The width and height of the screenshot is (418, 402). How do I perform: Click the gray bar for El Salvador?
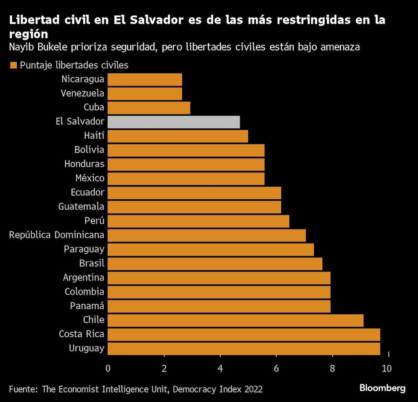(173, 122)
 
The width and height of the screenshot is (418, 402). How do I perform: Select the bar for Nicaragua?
(145, 79)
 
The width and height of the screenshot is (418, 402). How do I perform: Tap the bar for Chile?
(235, 320)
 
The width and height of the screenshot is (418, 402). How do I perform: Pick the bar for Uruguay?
(244, 349)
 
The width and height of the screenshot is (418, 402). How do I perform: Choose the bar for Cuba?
(149, 107)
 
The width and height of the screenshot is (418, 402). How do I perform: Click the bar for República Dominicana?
(206, 235)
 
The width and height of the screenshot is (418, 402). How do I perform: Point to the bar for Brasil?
(215, 264)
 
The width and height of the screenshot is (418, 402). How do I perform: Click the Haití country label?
(94, 136)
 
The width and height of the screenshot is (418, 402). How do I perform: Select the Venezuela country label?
(82, 93)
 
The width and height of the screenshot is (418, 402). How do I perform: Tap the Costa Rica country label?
(82, 334)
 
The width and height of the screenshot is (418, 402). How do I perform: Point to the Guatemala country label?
(82, 206)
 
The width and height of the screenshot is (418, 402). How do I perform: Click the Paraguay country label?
(84, 249)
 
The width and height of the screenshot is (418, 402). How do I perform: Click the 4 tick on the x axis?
(220, 368)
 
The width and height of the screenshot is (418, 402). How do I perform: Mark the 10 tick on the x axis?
(387, 368)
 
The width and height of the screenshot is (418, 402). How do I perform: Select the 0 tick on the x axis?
(108, 368)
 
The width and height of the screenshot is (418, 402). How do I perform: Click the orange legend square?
(13, 65)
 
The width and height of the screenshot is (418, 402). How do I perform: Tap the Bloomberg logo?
(382, 388)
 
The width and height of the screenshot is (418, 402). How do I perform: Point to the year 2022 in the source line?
(252, 389)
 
